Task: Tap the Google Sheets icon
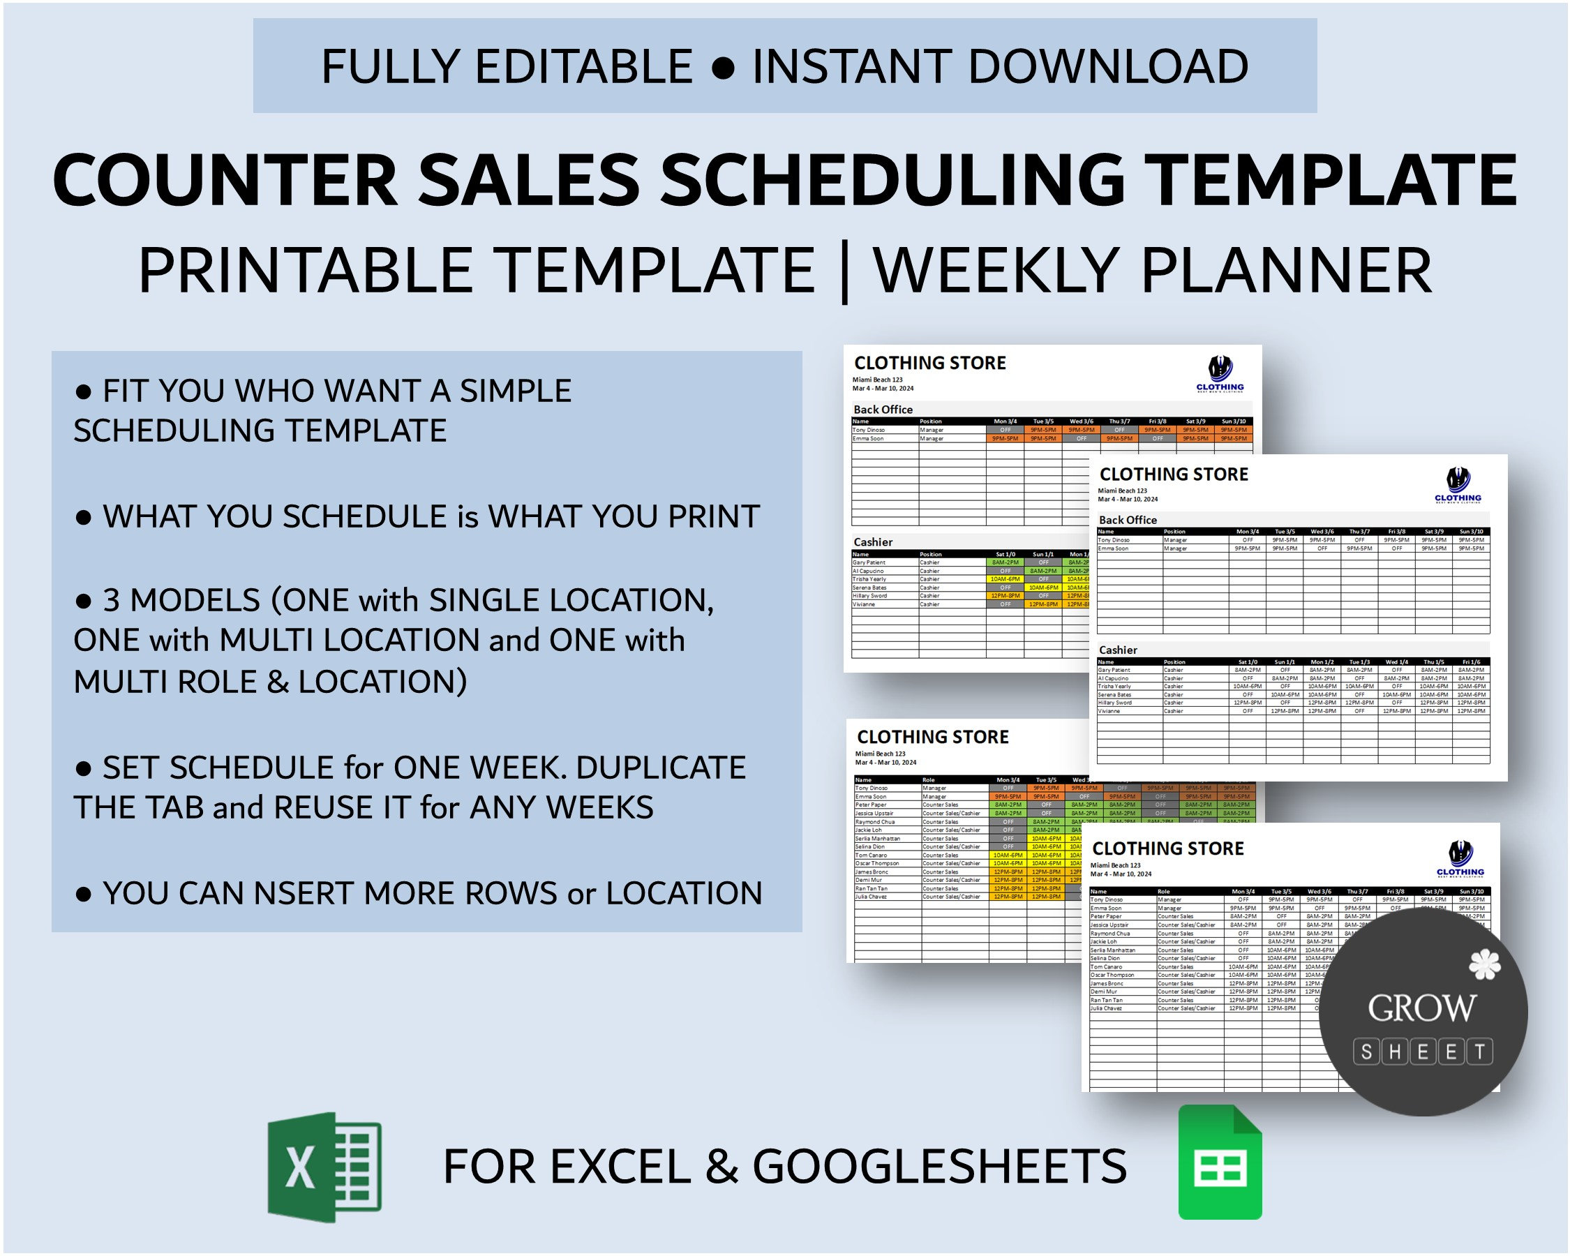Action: pyautogui.click(x=1219, y=1162)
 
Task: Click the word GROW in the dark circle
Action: pyautogui.click(x=1421, y=1008)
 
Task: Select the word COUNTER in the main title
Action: pyautogui.click(x=225, y=181)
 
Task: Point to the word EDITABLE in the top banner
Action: pyautogui.click(x=583, y=66)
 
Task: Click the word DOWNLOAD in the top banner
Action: pyautogui.click(x=1107, y=66)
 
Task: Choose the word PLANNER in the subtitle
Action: pyautogui.click(x=1286, y=270)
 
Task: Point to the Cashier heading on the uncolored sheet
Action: pyautogui.click(x=1117, y=650)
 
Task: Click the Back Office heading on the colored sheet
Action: pyautogui.click(x=883, y=409)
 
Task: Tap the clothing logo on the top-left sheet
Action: pyautogui.click(x=1220, y=373)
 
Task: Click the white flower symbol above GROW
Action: pyautogui.click(x=1484, y=965)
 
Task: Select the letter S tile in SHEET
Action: pyautogui.click(x=1366, y=1052)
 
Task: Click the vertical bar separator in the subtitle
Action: pyautogui.click(x=844, y=271)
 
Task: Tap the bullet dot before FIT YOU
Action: pyautogui.click(x=84, y=391)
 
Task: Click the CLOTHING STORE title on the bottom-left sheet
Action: pyautogui.click(x=932, y=737)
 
